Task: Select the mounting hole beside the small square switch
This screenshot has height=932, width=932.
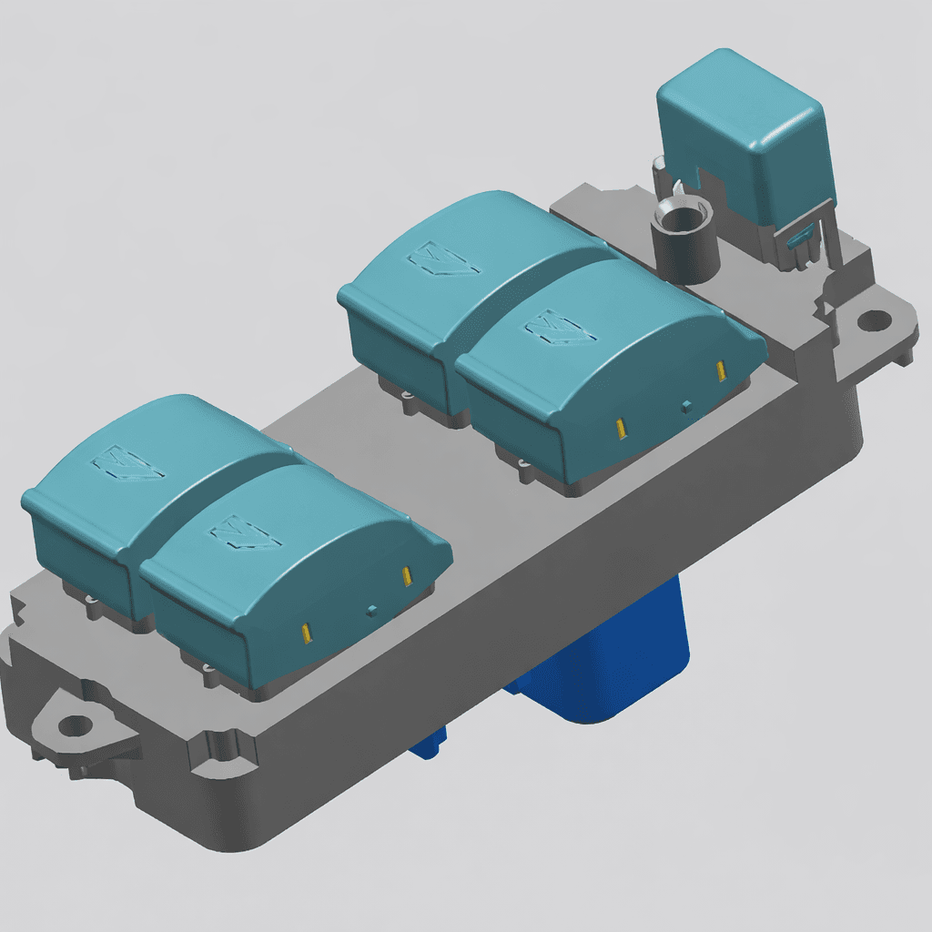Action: pos(875,319)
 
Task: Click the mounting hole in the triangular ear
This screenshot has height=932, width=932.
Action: pos(74,725)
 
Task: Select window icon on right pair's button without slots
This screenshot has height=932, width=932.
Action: pos(445,260)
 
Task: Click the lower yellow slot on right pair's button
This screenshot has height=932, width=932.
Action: pos(620,427)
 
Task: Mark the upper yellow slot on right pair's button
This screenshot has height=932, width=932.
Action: pos(721,370)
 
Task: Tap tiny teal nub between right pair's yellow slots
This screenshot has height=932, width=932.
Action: pos(685,404)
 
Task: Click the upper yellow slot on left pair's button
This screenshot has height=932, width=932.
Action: pos(407,576)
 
